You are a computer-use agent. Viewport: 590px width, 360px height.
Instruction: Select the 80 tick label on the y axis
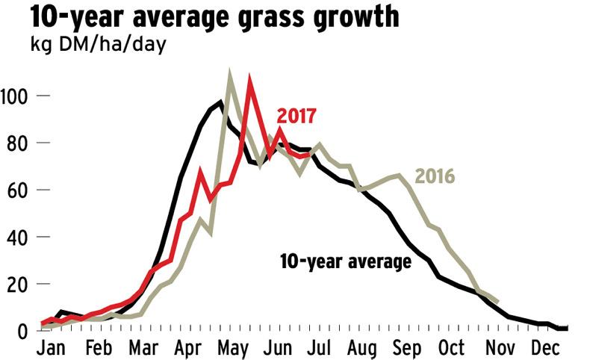(x=17, y=143)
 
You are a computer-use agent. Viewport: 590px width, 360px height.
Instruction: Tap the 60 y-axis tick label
(x=17, y=190)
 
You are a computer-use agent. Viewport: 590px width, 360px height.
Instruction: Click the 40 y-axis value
(x=17, y=238)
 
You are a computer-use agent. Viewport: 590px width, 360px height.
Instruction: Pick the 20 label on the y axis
(x=17, y=285)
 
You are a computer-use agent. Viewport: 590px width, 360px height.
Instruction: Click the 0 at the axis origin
(x=22, y=331)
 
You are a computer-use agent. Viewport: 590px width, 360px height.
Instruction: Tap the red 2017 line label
(x=296, y=117)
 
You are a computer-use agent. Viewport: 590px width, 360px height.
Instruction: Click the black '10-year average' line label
(x=345, y=262)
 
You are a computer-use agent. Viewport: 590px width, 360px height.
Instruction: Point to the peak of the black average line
(x=220, y=102)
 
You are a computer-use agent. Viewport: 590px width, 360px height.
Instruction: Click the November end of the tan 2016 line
(x=498, y=302)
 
